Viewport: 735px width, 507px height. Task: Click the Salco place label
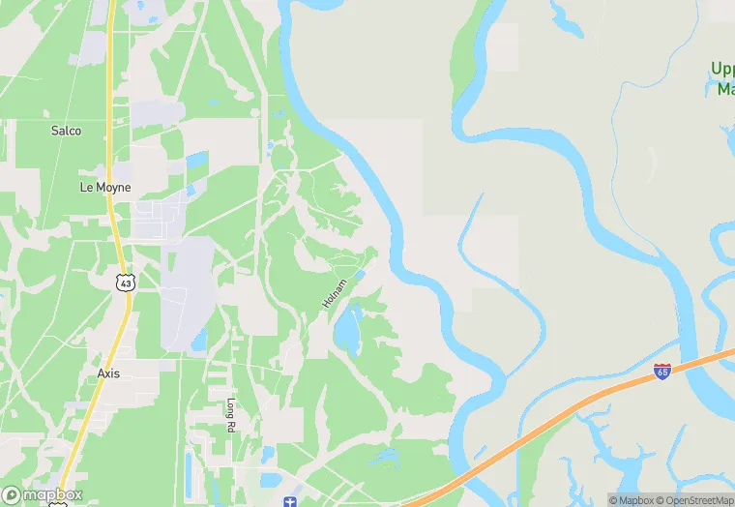(x=66, y=131)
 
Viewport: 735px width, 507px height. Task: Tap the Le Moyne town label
(x=105, y=187)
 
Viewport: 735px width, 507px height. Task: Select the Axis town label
(x=108, y=373)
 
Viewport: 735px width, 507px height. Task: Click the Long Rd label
(x=231, y=415)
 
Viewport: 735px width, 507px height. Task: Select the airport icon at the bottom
(x=288, y=500)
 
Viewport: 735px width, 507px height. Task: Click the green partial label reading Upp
(x=722, y=69)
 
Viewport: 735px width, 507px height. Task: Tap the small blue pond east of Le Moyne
(x=197, y=160)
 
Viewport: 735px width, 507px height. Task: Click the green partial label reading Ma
(x=725, y=89)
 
